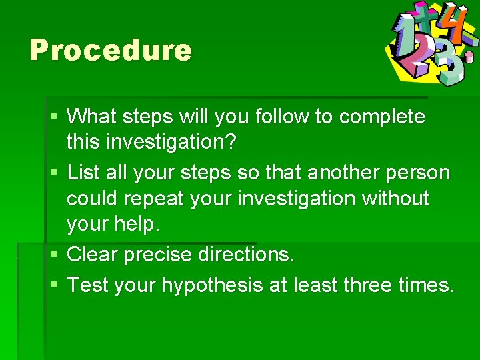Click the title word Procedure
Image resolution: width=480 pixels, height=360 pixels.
[x=111, y=51]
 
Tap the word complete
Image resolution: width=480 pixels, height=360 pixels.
[x=382, y=117]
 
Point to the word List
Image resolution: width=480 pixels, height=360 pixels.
[x=83, y=173]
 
